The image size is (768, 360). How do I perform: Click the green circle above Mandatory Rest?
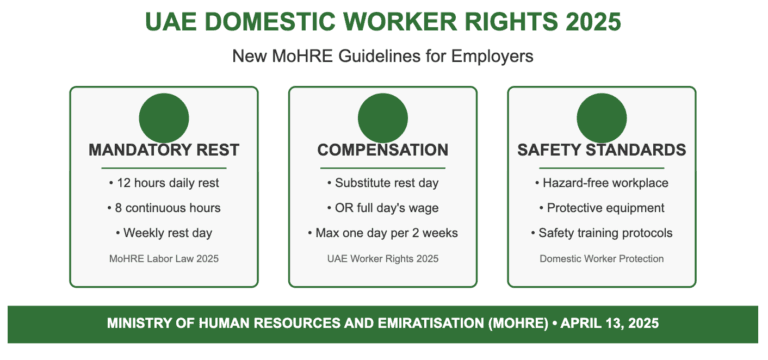point(164,116)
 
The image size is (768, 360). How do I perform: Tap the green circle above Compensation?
point(383,116)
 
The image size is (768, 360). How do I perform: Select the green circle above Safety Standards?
point(602,116)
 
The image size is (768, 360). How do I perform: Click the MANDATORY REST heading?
point(164,150)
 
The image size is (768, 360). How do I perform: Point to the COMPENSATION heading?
point(383,150)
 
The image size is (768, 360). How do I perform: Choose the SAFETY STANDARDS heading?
point(602,150)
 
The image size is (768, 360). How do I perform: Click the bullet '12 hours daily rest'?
point(164,183)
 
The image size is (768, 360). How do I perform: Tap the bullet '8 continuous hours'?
point(164,208)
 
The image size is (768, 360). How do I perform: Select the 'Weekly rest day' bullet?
point(164,233)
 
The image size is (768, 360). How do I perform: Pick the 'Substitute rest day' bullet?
point(383,183)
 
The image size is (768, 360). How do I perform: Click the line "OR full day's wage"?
point(383,208)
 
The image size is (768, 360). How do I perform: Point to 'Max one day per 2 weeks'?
point(383,233)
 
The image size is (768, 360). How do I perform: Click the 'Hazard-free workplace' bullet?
point(602,183)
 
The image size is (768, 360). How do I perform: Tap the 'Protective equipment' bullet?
point(602,208)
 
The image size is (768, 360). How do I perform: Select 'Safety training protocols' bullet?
point(602,233)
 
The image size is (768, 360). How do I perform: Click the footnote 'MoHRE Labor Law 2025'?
point(164,258)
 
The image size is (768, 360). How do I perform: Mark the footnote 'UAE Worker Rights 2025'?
point(383,258)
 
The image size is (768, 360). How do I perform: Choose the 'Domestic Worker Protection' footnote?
point(602,258)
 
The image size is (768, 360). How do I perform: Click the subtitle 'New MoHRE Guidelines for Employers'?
point(383,57)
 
